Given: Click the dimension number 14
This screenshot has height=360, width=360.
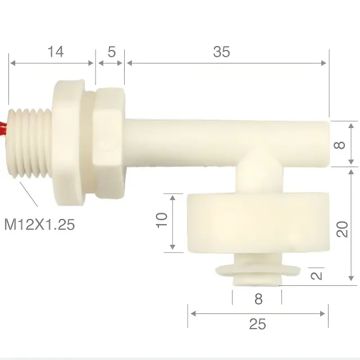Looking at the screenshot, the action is pyautogui.click(x=56, y=52).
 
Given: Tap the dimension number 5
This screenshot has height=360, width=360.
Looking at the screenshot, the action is pyautogui.click(x=112, y=52).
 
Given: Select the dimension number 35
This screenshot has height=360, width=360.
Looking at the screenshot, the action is pyautogui.click(x=221, y=52).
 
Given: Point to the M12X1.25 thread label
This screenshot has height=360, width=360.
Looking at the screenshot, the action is pyautogui.click(x=39, y=224).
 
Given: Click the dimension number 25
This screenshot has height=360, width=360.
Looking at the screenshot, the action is pyautogui.click(x=257, y=324).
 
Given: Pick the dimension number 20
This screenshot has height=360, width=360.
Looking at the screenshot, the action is pyautogui.click(x=342, y=229).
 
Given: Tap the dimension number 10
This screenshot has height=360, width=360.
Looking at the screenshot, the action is pyautogui.click(x=162, y=220).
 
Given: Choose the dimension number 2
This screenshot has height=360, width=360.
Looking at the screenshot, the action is pyautogui.click(x=317, y=276).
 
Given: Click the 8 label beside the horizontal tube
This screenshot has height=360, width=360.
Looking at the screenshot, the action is pyautogui.click(x=339, y=145).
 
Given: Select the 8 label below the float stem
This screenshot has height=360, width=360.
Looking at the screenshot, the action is pyautogui.click(x=258, y=299).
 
